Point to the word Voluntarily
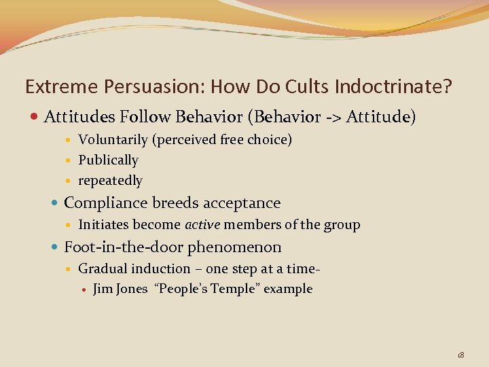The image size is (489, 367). [113, 140]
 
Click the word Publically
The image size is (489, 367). [108, 160]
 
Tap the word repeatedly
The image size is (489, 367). [110, 181]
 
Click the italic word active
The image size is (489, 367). [202, 225]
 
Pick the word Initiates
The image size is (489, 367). [103, 225]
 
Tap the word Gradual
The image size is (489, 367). [101, 269]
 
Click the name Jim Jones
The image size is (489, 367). [120, 289]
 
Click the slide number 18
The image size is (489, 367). [460, 355]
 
